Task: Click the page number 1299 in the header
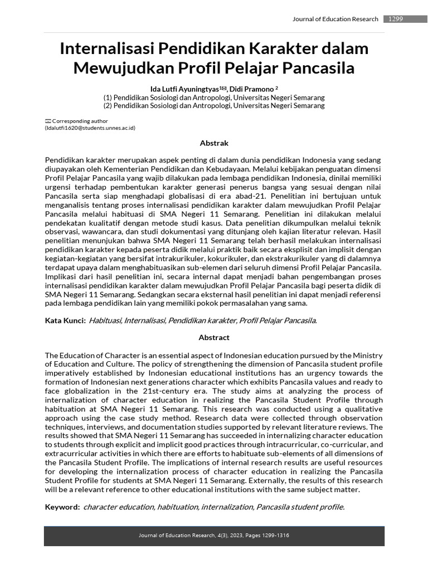[x=396, y=19]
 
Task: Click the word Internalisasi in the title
[x=107, y=48]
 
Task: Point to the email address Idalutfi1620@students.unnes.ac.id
[x=90, y=128]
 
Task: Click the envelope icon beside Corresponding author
[x=48, y=121]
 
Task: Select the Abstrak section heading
[x=214, y=143]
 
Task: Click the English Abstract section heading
[x=214, y=337]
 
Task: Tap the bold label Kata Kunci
[x=65, y=320]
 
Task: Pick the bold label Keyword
[x=62, y=507]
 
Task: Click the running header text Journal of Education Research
[x=335, y=19]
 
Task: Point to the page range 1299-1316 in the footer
[x=273, y=535]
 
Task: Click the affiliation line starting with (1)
[x=214, y=97]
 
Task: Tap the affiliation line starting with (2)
[x=214, y=105]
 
